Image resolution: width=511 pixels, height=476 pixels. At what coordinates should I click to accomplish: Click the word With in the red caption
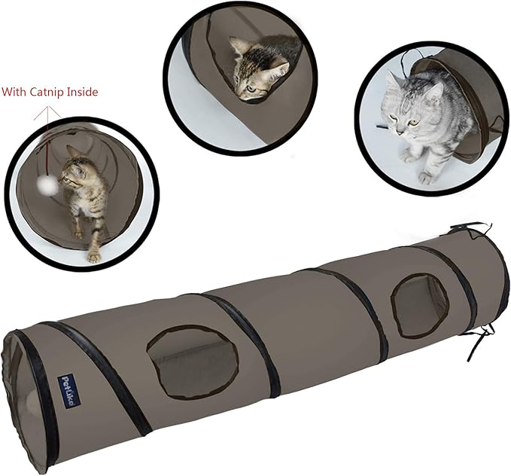(x=15, y=93)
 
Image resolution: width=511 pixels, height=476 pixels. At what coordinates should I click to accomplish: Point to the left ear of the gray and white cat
(x=392, y=81)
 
